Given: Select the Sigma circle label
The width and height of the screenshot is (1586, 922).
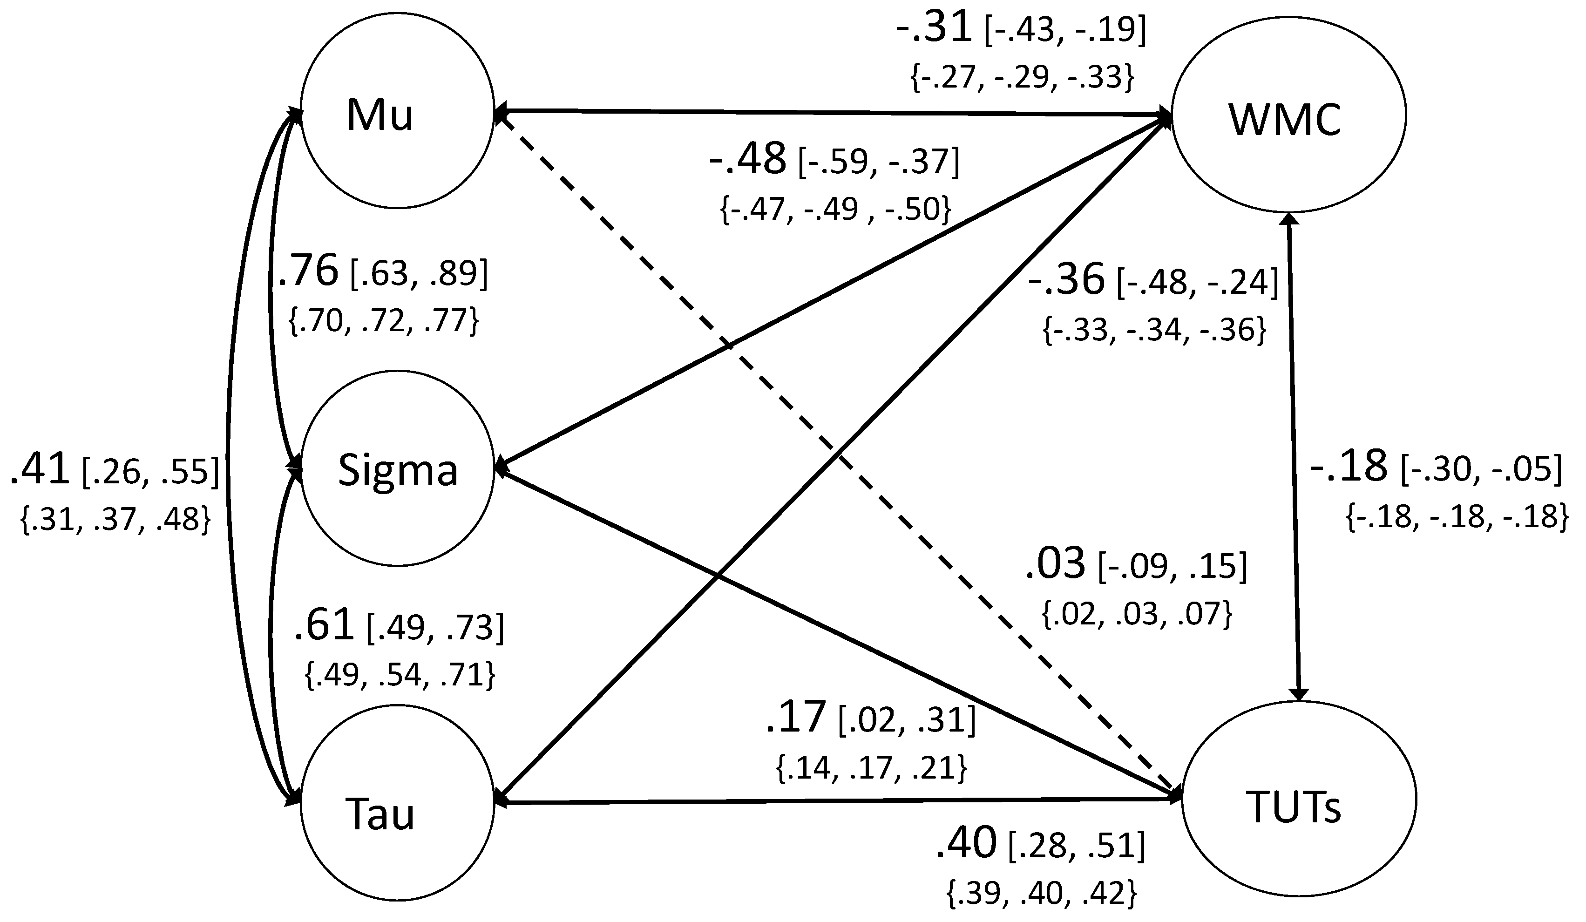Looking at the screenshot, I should pyautogui.click(x=398, y=470).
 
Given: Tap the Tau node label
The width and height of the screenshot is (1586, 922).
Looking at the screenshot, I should pyautogui.click(x=380, y=814).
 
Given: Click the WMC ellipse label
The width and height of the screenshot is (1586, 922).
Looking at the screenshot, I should pyautogui.click(x=1285, y=120).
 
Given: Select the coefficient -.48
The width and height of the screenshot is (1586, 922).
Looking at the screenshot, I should pyautogui.click(x=748, y=159).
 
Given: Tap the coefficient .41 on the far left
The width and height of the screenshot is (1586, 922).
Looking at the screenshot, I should pyautogui.click(x=39, y=470).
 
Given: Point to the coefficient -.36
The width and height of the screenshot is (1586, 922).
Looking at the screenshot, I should pyautogui.click(x=1066, y=279).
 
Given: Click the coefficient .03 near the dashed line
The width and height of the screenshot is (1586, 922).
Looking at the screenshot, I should pyautogui.click(x=1056, y=563).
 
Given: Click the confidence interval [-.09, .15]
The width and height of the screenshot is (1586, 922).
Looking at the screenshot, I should pyautogui.click(x=1172, y=566).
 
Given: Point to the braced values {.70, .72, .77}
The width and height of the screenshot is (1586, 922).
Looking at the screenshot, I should pyautogui.click(x=383, y=321).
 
